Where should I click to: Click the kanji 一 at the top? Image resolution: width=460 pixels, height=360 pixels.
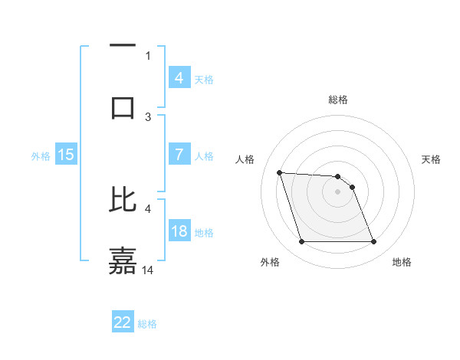[x=123, y=46]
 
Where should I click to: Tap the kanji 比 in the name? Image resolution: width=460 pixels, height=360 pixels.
[x=123, y=198]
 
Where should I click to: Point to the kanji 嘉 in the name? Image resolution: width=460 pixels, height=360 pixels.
[x=123, y=260]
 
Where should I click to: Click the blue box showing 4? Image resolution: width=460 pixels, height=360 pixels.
[x=179, y=77]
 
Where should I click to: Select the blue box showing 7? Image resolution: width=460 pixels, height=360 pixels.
[x=179, y=155]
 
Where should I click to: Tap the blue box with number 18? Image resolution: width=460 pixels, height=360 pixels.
[x=179, y=231]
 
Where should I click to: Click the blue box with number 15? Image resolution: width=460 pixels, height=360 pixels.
[x=66, y=155]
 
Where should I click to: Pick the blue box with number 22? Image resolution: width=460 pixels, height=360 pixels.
[x=123, y=322]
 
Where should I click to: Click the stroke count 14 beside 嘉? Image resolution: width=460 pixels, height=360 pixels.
[x=149, y=270]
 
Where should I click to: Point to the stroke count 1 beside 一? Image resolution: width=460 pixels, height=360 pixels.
[x=148, y=55]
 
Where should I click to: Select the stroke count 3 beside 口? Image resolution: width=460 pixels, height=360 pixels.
[x=148, y=116]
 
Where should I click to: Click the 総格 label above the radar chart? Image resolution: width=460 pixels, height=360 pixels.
[x=338, y=100]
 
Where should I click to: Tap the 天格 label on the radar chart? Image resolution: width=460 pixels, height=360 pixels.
[x=432, y=159]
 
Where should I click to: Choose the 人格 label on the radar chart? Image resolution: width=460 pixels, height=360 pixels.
[x=245, y=159]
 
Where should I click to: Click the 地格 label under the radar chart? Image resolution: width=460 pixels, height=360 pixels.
[x=402, y=262]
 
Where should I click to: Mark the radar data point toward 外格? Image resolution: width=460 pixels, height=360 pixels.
[x=301, y=242]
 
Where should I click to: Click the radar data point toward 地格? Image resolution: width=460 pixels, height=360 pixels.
[x=373, y=242]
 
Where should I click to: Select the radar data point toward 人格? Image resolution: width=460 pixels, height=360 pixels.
[x=279, y=172]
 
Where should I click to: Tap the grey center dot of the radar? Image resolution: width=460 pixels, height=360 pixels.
[x=338, y=191]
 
